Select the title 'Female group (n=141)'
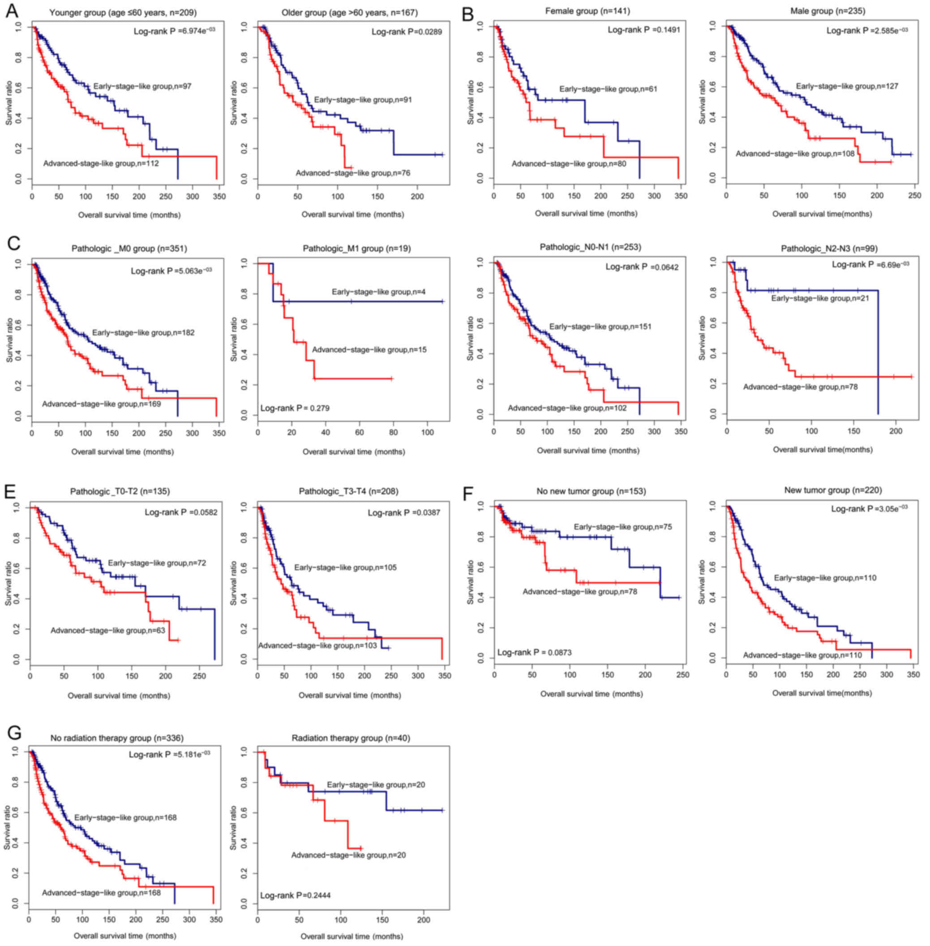(x=587, y=10)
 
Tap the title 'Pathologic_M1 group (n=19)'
(x=356, y=248)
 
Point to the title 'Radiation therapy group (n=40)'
(x=351, y=737)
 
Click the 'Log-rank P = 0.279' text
(x=295, y=408)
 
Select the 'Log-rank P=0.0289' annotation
(x=407, y=32)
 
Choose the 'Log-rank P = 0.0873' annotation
(x=534, y=652)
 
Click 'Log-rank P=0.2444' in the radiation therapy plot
(x=295, y=895)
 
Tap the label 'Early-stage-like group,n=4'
(x=378, y=292)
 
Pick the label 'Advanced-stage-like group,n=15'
(x=369, y=350)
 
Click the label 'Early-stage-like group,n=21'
(x=820, y=298)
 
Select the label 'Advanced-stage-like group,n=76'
(x=353, y=173)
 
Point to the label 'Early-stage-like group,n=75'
(x=623, y=527)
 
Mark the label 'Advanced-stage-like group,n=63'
(x=108, y=630)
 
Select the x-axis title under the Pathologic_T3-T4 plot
(x=350, y=695)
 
